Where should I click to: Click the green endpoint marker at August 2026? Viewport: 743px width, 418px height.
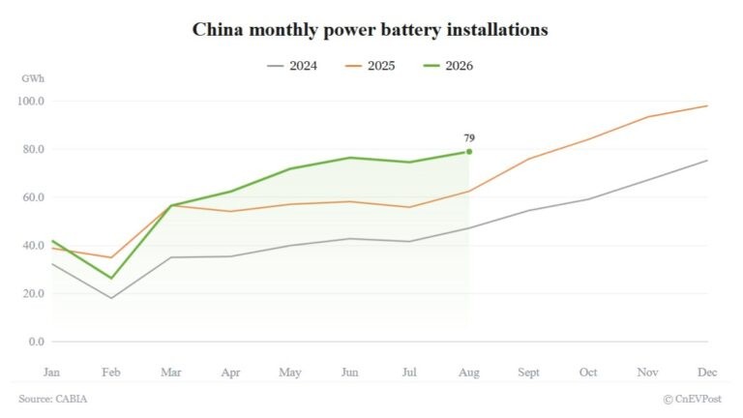click(469, 152)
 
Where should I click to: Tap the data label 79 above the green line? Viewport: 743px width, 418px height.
click(469, 138)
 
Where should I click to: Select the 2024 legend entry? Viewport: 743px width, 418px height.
click(292, 66)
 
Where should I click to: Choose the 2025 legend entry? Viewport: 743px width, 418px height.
click(371, 66)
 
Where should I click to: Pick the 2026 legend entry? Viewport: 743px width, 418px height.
click(448, 66)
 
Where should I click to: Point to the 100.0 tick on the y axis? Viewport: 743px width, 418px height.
click(31, 101)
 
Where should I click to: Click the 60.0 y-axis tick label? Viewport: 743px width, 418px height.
click(33, 197)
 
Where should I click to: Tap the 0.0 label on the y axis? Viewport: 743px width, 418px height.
click(37, 342)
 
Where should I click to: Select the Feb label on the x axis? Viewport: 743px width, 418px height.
click(111, 373)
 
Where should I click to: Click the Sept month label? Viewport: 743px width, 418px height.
click(529, 373)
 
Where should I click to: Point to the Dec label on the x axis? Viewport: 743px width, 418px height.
click(707, 373)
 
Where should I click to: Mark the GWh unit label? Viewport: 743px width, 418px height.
click(33, 78)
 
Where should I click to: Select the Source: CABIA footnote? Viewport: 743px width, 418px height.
click(53, 399)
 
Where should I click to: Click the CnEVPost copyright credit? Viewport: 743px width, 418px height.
click(693, 399)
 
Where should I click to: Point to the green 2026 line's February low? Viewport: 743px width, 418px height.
click(111, 279)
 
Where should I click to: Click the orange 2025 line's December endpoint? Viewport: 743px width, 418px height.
click(707, 105)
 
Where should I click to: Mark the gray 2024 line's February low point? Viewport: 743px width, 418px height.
click(111, 298)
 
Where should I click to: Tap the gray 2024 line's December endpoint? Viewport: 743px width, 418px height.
click(707, 161)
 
